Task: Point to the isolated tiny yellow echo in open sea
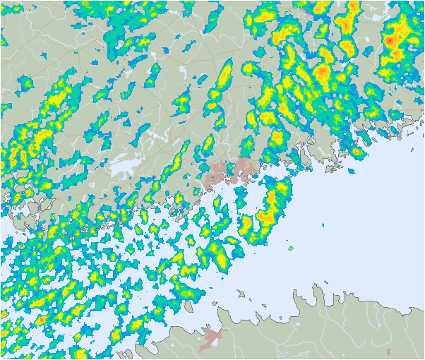tap(290, 248)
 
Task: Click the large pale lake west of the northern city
tap(126, 167)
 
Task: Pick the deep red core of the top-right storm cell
tap(389, 42)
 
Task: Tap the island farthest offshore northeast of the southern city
tap(241, 292)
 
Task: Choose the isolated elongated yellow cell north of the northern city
tap(225, 74)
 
